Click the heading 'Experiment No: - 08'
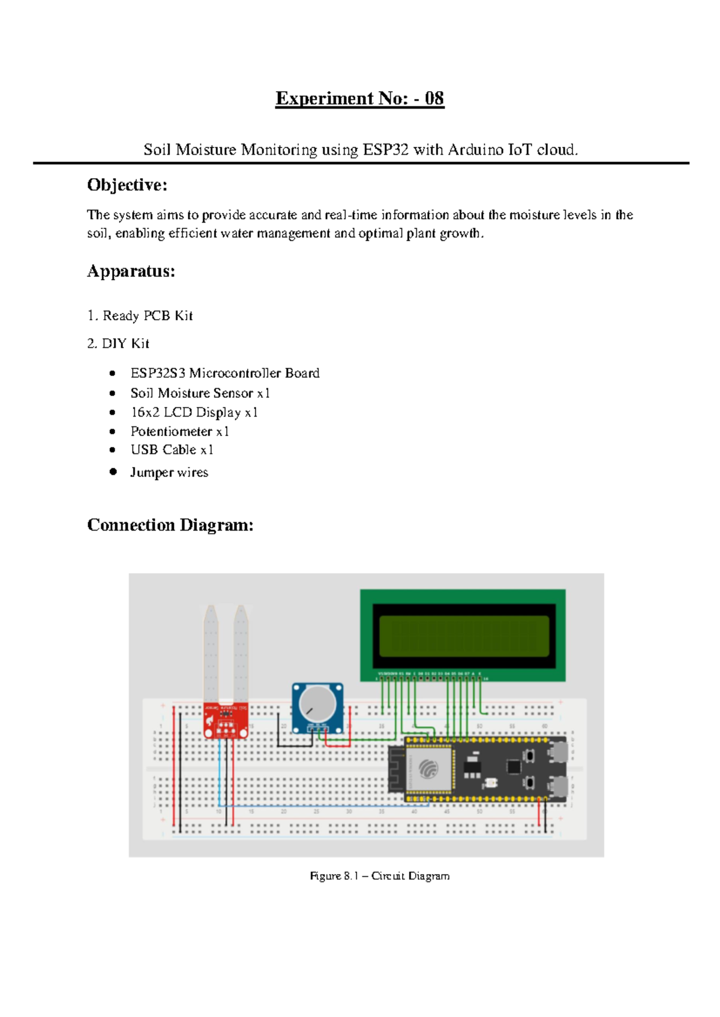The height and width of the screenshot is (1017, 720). [x=359, y=98]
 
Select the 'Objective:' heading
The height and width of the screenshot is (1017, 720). [x=127, y=185]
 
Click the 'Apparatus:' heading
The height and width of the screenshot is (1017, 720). [x=131, y=271]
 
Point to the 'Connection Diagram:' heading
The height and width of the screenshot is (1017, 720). [x=170, y=525]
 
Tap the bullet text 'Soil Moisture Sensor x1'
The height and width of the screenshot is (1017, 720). [x=200, y=393]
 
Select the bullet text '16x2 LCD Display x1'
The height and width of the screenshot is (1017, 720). [x=194, y=412]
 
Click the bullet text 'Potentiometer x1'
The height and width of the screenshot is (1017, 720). [x=179, y=431]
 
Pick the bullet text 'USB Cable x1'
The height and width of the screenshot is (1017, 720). [x=172, y=450]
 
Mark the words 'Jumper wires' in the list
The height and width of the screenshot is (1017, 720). [x=169, y=472]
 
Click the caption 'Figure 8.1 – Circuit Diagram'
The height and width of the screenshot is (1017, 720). [x=379, y=875]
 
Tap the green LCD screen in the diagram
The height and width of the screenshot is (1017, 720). [x=464, y=636]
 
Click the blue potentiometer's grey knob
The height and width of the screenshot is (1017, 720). [x=317, y=703]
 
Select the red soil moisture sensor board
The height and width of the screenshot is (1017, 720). [x=226, y=720]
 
